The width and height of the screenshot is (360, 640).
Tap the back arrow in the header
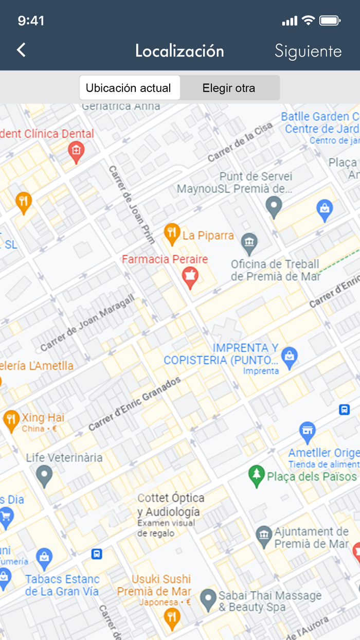(x=21, y=50)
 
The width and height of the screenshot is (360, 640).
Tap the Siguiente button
(x=308, y=51)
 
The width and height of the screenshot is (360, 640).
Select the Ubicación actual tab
(x=129, y=88)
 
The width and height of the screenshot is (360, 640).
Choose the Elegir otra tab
(x=229, y=88)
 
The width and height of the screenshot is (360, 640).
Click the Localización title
(x=179, y=51)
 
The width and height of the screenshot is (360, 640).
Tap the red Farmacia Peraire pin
(x=190, y=277)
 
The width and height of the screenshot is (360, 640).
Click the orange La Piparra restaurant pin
(x=172, y=234)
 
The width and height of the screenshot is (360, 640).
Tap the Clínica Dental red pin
(x=76, y=152)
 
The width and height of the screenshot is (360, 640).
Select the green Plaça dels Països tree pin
(x=256, y=476)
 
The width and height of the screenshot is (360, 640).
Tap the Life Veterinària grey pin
(x=45, y=475)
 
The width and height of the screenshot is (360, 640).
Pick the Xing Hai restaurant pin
(x=11, y=420)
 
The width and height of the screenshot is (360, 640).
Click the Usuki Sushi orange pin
(x=172, y=616)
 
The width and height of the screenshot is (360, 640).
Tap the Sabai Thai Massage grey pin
(x=208, y=599)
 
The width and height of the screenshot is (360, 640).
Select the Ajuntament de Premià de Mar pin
(x=264, y=537)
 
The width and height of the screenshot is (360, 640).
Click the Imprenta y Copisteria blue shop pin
(x=290, y=358)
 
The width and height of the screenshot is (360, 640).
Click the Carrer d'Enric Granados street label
(x=135, y=404)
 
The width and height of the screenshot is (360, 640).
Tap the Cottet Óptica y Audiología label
(x=170, y=505)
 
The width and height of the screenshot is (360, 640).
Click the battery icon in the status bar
(x=330, y=21)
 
